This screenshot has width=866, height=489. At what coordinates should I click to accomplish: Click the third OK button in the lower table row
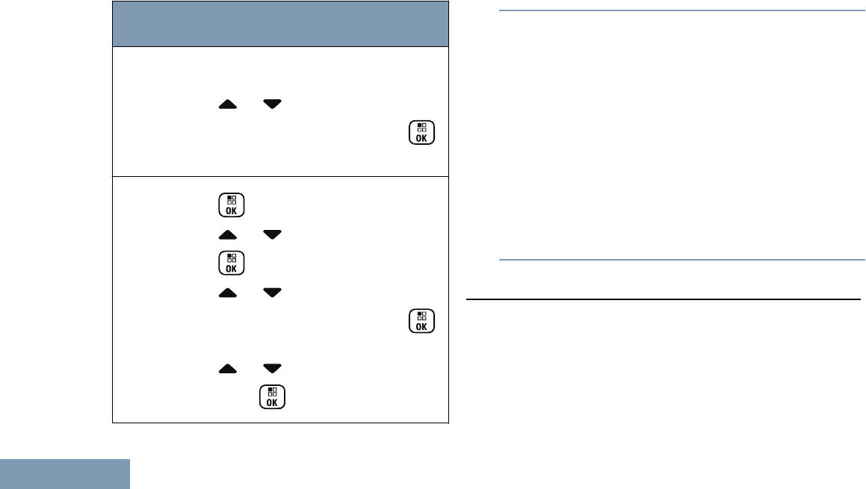click(421, 320)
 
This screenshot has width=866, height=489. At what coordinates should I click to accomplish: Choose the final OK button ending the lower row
click(273, 396)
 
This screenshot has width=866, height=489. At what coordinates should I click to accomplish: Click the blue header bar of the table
click(280, 23)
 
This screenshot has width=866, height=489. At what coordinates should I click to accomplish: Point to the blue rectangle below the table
click(65, 474)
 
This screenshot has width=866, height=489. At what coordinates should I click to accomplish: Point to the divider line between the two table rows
click(280, 177)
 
